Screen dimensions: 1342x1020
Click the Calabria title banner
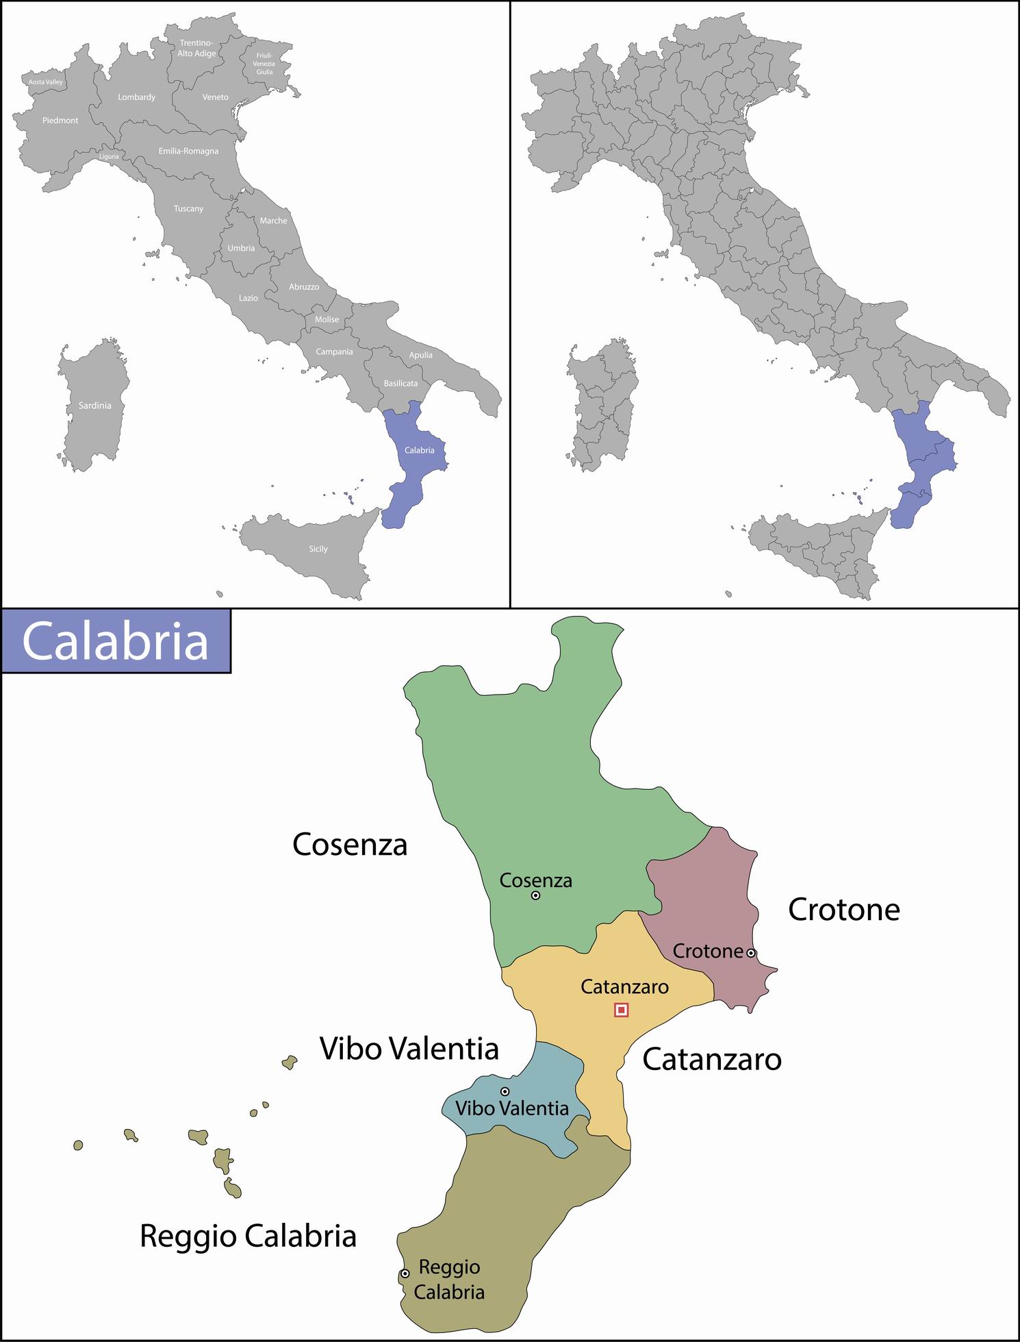[x=115, y=641]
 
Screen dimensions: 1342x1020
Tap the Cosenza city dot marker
[x=535, y=895]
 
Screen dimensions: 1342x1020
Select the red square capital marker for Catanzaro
[x=621, y=1010]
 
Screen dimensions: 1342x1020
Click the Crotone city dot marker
[x=750, y=953]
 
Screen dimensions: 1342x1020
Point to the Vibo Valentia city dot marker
[x=505, y=1091]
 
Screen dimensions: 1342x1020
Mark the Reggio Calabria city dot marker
[x=405, y=1273]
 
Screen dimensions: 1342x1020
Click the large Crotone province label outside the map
[x=843, y=910]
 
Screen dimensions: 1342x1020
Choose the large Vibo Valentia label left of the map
[x=409, y=1049]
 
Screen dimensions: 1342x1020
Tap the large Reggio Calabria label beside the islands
[x=248, y=1236]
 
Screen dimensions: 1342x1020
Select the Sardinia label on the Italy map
[x=94, y=406]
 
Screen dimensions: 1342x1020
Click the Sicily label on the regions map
[x=318, y=549]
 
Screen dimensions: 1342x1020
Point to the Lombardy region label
[x=137, y=97]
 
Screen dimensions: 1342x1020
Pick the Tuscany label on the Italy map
[x=188, y=209]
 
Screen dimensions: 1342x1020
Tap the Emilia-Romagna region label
[x=188, y=151]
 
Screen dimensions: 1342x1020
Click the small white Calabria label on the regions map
[x=419, y=450]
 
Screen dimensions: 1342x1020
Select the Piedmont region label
[x=60, y=121]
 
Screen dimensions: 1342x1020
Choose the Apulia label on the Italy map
[x=421, y=355]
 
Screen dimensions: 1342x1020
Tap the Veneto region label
[x=216, y=97]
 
